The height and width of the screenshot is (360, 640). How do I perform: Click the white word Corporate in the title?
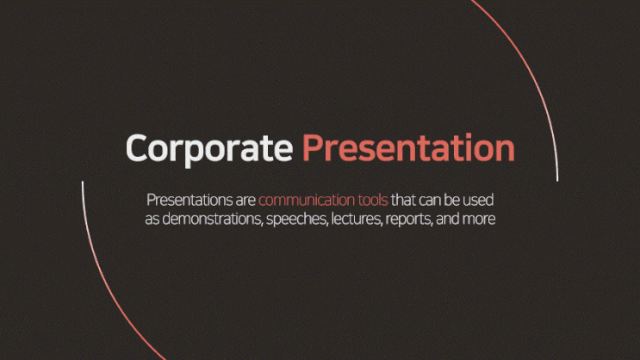[209, 149]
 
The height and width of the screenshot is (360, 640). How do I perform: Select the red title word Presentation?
[408, 148]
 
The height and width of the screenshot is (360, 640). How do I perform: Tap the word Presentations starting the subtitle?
[190, 201]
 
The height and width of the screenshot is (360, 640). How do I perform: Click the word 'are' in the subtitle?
[245, 202]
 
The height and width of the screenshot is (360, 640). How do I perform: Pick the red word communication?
[307, 200]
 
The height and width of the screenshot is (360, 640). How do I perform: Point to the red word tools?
[373, 200]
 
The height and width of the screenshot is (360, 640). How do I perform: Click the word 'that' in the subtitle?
[403, 200]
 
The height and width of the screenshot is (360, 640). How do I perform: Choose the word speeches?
[297, 220]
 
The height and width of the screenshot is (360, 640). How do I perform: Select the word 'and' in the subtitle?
[447, 219]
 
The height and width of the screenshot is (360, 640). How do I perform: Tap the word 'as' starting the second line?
[152, 220]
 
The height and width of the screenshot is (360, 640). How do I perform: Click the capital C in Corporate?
[136, 148]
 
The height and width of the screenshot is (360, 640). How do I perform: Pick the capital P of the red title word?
[312, 148]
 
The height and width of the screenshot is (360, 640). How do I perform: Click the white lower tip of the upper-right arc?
[557, 180]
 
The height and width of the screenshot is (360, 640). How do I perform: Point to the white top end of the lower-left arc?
[83, 182]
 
